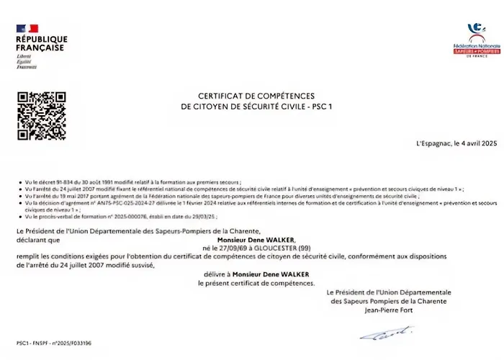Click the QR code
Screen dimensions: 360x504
tap(40, 115)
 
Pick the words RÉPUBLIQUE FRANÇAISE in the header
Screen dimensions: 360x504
tap(41, 43)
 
